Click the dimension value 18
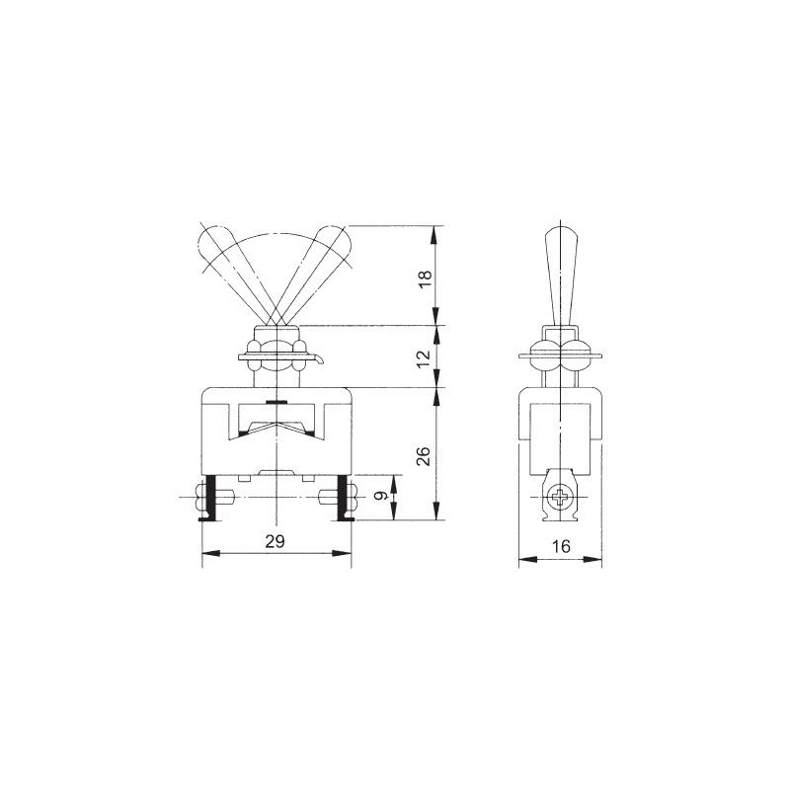[426, 279]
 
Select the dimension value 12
[426, 358]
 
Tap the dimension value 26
[425, 456]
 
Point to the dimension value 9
[382, 497]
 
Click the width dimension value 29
[276, 541]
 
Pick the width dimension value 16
[560, 546]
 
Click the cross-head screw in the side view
[560, 497]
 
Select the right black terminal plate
[344, 498]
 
